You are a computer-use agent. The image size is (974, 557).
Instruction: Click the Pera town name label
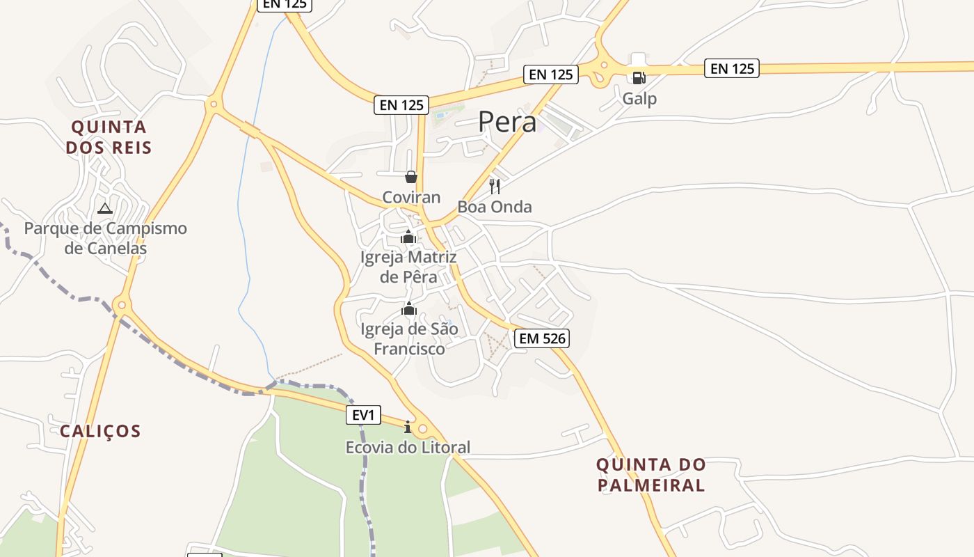click(507, 123)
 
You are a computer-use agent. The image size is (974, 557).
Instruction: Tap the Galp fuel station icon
click(639, 77)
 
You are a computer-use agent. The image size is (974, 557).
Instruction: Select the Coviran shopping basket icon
click(411, 177)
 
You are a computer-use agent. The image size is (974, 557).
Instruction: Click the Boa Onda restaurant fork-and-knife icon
click(495, 186)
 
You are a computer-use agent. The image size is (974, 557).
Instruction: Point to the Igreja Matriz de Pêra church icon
click(408, 237)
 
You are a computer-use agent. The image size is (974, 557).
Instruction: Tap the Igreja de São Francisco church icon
click(409, 308)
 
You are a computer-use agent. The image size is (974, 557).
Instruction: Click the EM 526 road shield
click(542, 339)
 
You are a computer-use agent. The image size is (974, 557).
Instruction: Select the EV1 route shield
click(363, 416)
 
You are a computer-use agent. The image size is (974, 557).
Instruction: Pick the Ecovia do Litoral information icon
click(408, 427)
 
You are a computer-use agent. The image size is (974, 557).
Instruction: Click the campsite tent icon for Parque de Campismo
click(104, 208)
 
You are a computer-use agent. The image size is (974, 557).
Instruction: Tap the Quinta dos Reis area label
click(109, 137)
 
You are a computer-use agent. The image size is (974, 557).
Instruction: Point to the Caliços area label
click(100, 431)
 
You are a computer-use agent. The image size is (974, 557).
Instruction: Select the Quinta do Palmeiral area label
click(651, 475)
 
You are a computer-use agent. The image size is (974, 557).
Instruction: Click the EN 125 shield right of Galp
click(731, 68)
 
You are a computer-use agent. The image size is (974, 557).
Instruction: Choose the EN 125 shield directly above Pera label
click(551, 74)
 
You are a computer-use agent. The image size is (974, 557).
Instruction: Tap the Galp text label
click(639, 99)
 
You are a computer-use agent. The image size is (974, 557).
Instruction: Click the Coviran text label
click(411, 197)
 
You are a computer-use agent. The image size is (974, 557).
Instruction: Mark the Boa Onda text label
click(495, 207)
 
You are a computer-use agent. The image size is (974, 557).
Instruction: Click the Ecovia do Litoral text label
click(408, 447)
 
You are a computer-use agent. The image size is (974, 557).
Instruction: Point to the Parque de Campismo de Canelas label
click(106, 238)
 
